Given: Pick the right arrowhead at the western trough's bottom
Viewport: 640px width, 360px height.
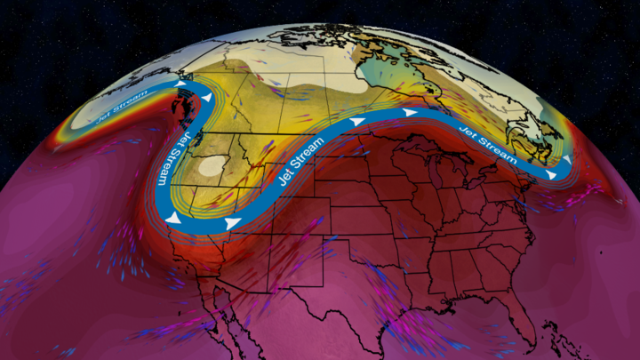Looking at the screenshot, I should pos(233,223).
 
